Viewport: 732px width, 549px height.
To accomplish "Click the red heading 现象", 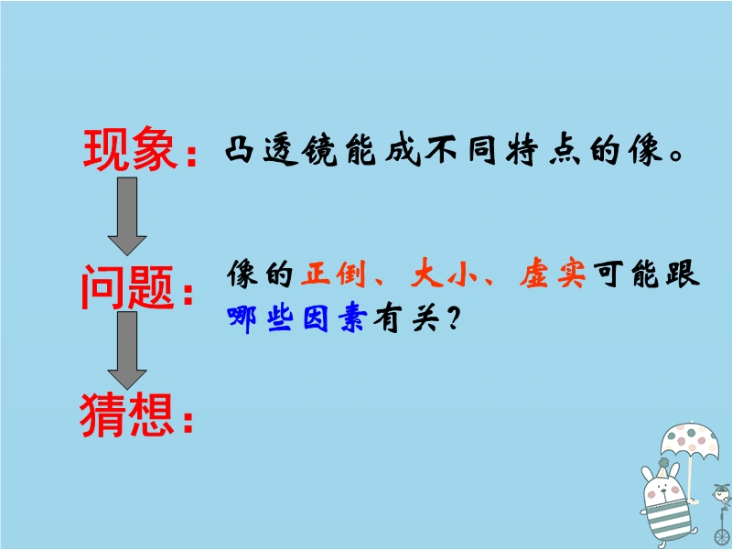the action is click(x=131, y=148).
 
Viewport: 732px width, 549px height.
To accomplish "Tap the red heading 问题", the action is click(x=127, y=287).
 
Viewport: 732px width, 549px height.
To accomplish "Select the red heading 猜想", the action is click(x=126, y=414).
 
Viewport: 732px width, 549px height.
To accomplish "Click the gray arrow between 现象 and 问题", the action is click(x=127, y=216).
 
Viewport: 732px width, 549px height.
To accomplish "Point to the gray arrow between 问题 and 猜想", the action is click(x=127, y=350).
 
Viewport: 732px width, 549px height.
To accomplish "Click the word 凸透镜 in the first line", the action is click(x=281, y=150).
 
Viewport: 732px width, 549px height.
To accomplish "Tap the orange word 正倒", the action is click(x=333, y=273).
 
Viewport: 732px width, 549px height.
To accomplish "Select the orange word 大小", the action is click(x=444, y=273).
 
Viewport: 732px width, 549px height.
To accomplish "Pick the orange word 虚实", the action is click(x=553, y=273).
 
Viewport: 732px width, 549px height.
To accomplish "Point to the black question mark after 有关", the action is click(x=453, y=318).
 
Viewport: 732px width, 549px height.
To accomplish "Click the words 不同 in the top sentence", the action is click(x=461, y=150).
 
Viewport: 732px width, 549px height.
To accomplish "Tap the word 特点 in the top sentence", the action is click(x=543, y=150).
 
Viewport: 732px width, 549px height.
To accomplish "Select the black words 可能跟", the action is click(x=647, y=273).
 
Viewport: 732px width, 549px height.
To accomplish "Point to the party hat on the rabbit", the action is click(x=662, y=469).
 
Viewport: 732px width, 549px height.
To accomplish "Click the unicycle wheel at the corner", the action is click(x=722, y=537).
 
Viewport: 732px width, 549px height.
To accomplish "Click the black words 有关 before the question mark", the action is click(x=406, y=318).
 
